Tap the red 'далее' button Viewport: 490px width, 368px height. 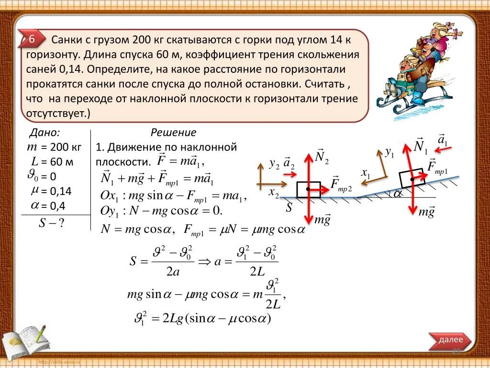click(450, 340)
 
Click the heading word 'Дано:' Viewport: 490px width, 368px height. click(45, 133)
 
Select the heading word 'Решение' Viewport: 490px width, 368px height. click(173, 133)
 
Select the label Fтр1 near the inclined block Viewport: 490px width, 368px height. click(436, 167)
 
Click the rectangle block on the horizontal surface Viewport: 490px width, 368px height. click(308, 190)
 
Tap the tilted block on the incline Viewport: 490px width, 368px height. click(411, 178)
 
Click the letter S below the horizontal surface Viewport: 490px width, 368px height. click(289, 207)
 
